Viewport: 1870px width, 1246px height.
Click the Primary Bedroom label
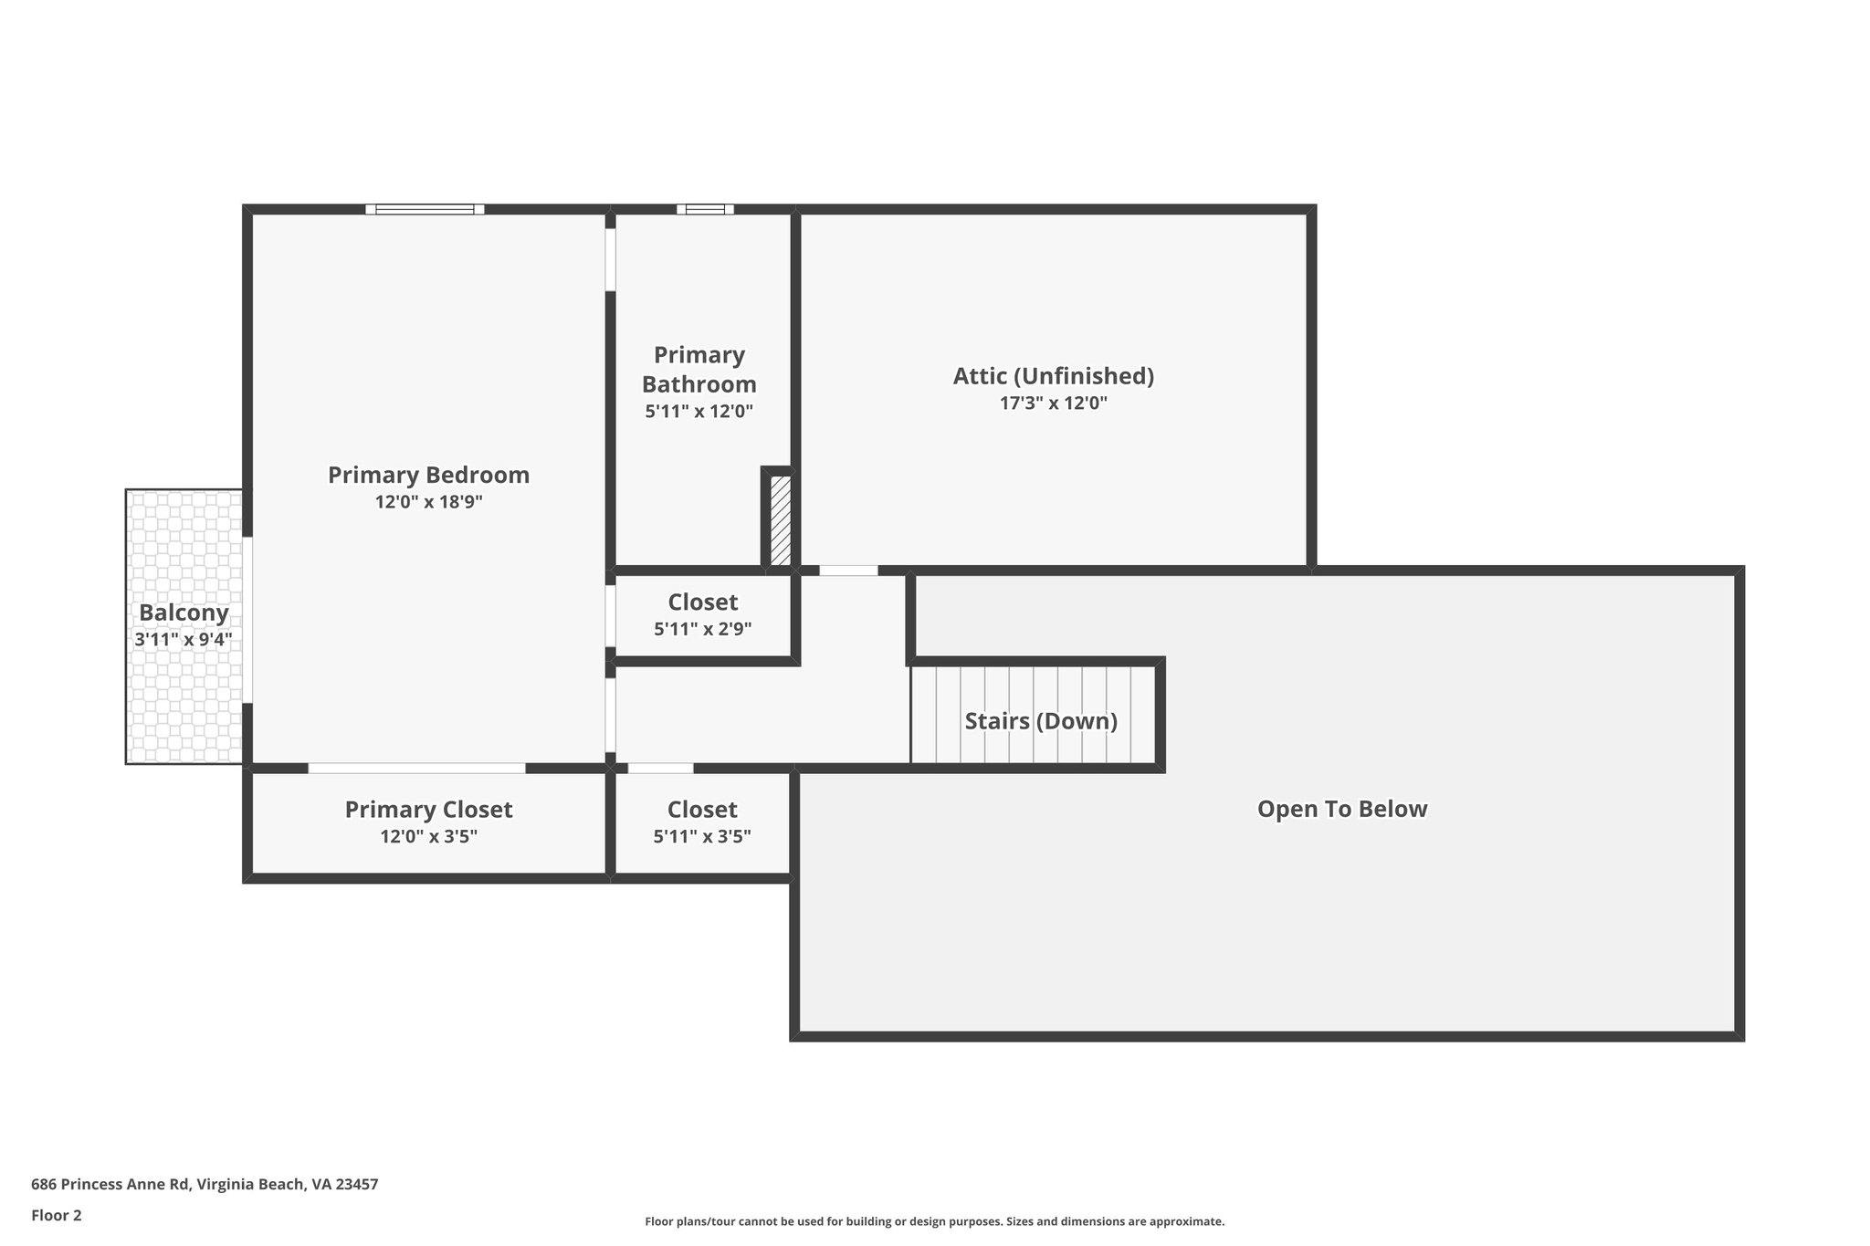[428, 475]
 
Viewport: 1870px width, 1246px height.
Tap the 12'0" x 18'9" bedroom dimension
[428, 502]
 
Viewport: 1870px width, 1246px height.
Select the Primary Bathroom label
[699, 369]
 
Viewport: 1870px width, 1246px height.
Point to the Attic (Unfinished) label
[1054, 376]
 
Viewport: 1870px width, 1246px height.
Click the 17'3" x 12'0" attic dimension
[1054, 403]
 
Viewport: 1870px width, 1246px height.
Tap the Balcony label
[184, 613]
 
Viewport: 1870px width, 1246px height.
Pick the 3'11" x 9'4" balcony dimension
[184, 640]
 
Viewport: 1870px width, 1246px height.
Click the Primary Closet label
[428, 810]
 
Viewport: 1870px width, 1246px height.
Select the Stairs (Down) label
[1041, 721]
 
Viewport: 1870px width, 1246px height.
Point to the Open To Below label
[1342, 809]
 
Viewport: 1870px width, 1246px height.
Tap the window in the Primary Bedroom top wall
[425, 209]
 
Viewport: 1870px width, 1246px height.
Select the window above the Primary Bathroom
[705, 209]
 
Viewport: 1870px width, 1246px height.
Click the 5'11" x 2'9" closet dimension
[702, 629]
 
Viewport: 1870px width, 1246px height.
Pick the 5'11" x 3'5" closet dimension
[702, 836]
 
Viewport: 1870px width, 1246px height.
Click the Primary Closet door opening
[416, 768]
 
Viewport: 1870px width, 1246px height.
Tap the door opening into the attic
[848, 571]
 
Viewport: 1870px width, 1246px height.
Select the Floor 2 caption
[57, 1215]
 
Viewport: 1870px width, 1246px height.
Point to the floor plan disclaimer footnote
[934, 1221]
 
